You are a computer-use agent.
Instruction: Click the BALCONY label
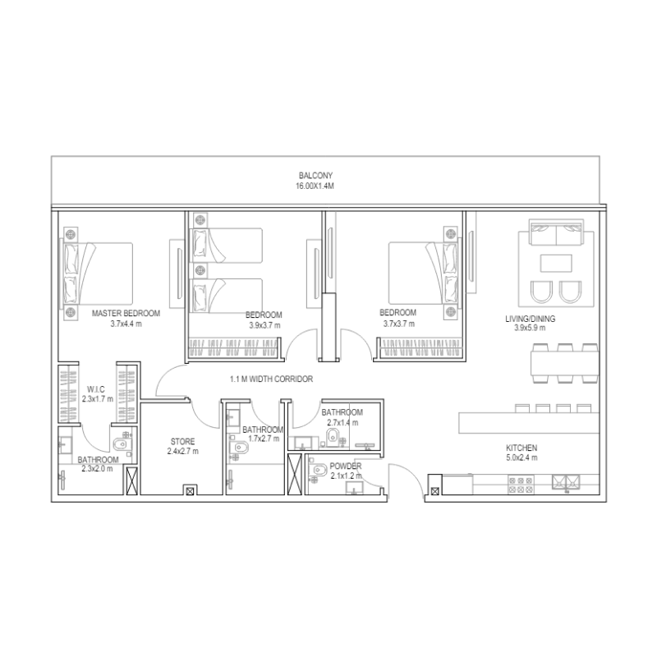315,176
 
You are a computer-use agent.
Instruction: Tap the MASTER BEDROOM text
126,314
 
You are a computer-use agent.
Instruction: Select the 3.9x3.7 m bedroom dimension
264,324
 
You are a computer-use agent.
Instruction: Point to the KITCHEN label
521,448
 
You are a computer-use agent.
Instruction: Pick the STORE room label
183,442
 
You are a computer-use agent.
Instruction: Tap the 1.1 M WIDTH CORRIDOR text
272,379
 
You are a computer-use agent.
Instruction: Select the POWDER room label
346,466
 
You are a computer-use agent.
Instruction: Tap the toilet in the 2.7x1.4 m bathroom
333,437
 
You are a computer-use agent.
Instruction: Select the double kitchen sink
567,483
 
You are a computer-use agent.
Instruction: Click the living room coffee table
556,264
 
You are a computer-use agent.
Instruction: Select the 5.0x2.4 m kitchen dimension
521,457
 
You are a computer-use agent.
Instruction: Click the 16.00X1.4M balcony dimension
315,186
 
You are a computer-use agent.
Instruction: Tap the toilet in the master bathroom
121,446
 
